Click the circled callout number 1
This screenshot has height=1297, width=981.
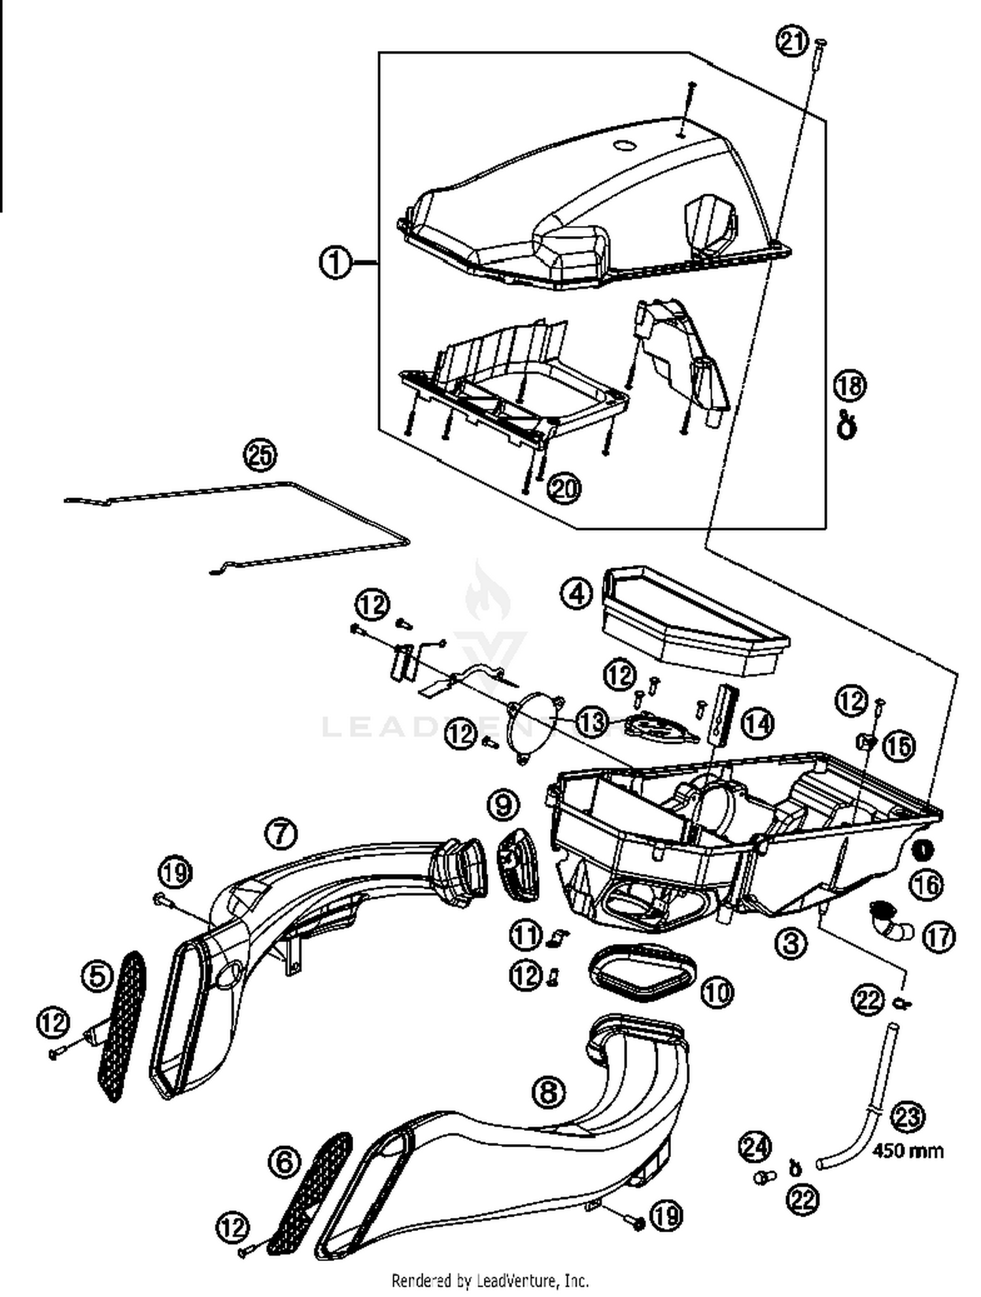point(335,263)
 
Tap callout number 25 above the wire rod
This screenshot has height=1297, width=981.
point(260,455)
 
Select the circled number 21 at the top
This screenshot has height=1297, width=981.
point(792,42)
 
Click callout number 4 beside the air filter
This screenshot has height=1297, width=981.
point(577,594)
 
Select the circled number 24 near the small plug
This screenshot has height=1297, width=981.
point(755,1146)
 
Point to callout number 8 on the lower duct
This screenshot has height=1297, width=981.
point(548,1090)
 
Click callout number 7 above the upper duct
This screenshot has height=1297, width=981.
point(281,834)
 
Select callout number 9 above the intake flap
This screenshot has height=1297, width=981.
point(503,805)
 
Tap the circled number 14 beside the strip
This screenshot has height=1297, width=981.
point(757,723)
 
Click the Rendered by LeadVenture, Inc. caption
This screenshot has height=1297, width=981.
point(490,1279)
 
